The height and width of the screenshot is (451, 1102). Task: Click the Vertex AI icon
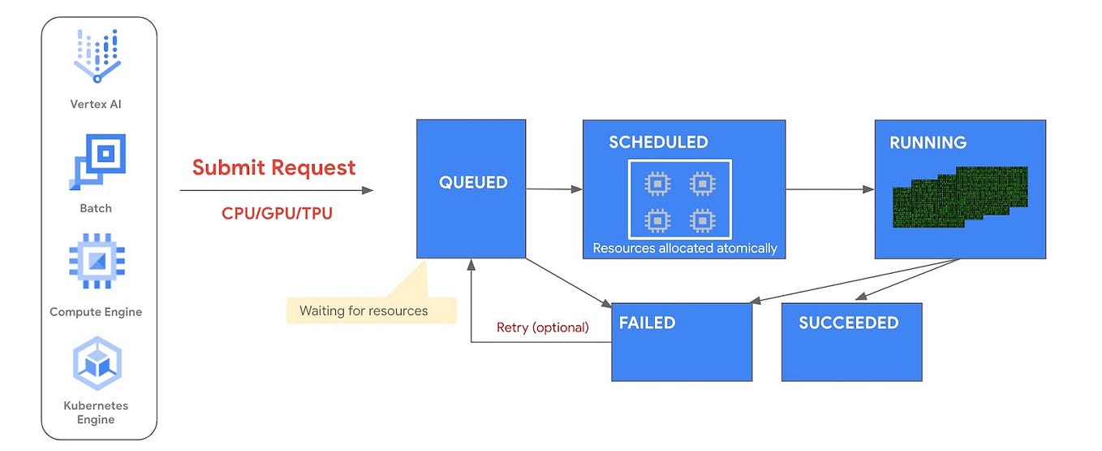pos(97,56)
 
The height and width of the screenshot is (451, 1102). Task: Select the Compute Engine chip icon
pos(97,262)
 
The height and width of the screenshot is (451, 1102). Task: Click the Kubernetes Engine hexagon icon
pos(97,362)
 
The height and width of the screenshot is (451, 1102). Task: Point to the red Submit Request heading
pos(273,167)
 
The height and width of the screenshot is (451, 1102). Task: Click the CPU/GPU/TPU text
pos(277,213)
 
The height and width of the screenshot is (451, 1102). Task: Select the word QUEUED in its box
pos(473,183)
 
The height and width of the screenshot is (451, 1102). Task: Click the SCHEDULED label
pos(658,143)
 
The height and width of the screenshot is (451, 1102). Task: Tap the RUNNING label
pos(928,143)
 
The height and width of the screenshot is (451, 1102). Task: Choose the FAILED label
pos(647,323)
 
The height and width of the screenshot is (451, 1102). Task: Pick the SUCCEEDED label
pos(848,323)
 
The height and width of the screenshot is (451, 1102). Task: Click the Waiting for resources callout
pos(364,310)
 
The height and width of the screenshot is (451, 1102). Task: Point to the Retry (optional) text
pos(542,327)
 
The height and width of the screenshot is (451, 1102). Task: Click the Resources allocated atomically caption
pos(685,248)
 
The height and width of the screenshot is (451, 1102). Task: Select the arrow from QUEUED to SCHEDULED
pos(554,189)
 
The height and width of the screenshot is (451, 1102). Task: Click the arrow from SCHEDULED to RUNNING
pos(829,189)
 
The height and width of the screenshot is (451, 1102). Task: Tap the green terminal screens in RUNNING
pos(960,196)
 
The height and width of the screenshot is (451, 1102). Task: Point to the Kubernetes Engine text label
pos(96,412)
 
